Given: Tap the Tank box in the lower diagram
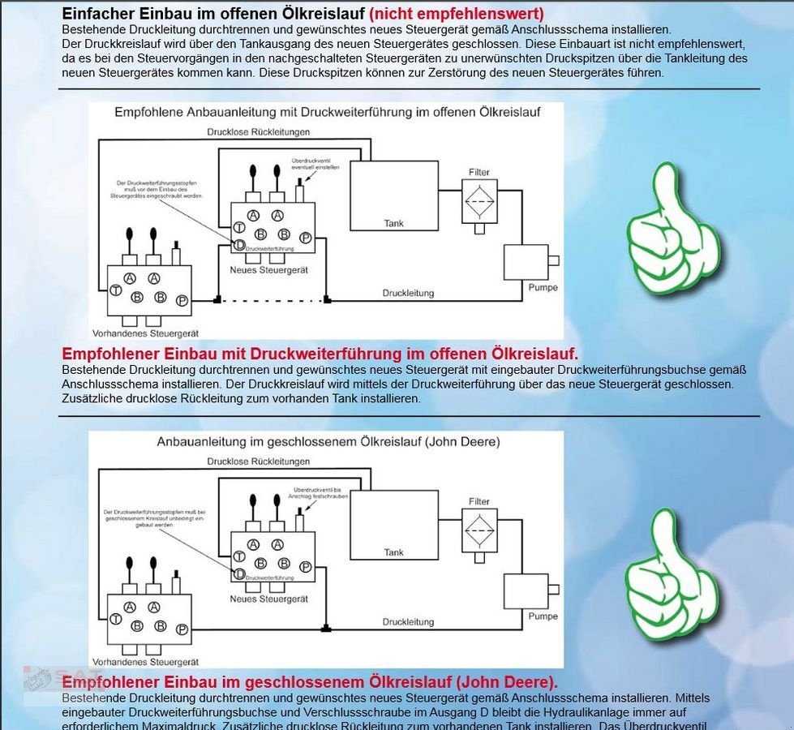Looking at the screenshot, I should (393, 526).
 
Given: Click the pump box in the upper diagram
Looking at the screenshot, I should (526, 261).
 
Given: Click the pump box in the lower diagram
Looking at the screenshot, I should (526, 591).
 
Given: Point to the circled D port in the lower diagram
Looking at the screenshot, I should (239, 573).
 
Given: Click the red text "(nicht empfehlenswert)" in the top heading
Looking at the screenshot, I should (457, 14).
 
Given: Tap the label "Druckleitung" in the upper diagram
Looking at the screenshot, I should (408, 293).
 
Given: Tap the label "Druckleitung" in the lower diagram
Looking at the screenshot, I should (408, 622).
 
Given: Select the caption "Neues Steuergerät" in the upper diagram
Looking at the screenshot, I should (268, 269).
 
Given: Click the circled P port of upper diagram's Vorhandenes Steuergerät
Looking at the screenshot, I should (182, 301).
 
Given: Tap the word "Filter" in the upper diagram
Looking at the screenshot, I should (479, 173).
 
